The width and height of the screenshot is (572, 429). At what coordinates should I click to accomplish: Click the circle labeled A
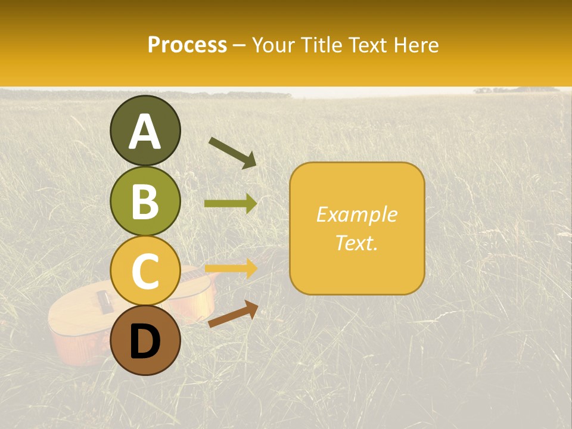tap(145, 130)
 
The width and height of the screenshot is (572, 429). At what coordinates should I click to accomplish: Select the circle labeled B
tap(145, 201)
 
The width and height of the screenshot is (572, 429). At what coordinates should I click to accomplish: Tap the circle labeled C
tap(145, 271)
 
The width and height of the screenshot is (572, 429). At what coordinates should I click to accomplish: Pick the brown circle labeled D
tap(145, 340)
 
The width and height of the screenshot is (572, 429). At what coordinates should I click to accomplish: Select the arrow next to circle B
tap(231, 204)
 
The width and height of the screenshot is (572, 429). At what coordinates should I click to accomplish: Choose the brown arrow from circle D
tap(233, 314)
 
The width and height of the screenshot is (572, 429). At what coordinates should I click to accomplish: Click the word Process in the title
tap(187, 45)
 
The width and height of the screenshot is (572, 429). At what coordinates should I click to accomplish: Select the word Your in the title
tap(272, 45)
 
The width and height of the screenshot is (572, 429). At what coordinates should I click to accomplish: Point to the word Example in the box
tap(356, 214)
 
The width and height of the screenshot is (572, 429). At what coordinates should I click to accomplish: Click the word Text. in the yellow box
tap(356, 243)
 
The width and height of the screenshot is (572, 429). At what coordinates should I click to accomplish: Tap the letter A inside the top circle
tap(145, 132)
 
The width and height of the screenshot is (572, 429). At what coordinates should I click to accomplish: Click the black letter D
tap(145, 341)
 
